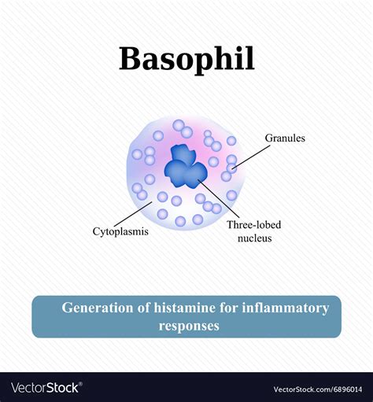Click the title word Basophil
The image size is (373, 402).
tap(186, 59)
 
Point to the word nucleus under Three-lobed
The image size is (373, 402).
tap(253, 238)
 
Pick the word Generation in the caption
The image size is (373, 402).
tap(96, 308)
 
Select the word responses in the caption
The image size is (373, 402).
tap(189, 325)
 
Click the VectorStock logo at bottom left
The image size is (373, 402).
tap(46, 387)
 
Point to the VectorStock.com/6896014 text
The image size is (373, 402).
tap(318, 389)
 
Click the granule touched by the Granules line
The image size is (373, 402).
tap(231, 168)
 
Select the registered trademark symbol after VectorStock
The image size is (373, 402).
tap(82, 384)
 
